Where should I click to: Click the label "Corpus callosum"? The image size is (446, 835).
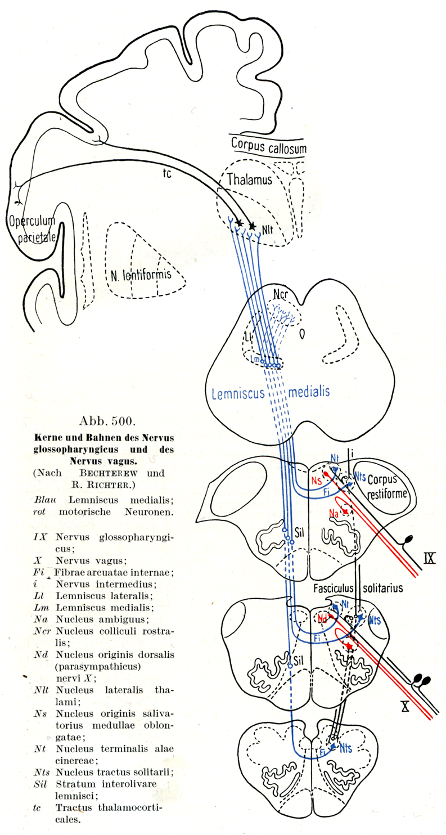point(268,145)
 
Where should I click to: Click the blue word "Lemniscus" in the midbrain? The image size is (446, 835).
point(238,392)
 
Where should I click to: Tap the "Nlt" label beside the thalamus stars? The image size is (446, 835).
point(268,229)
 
